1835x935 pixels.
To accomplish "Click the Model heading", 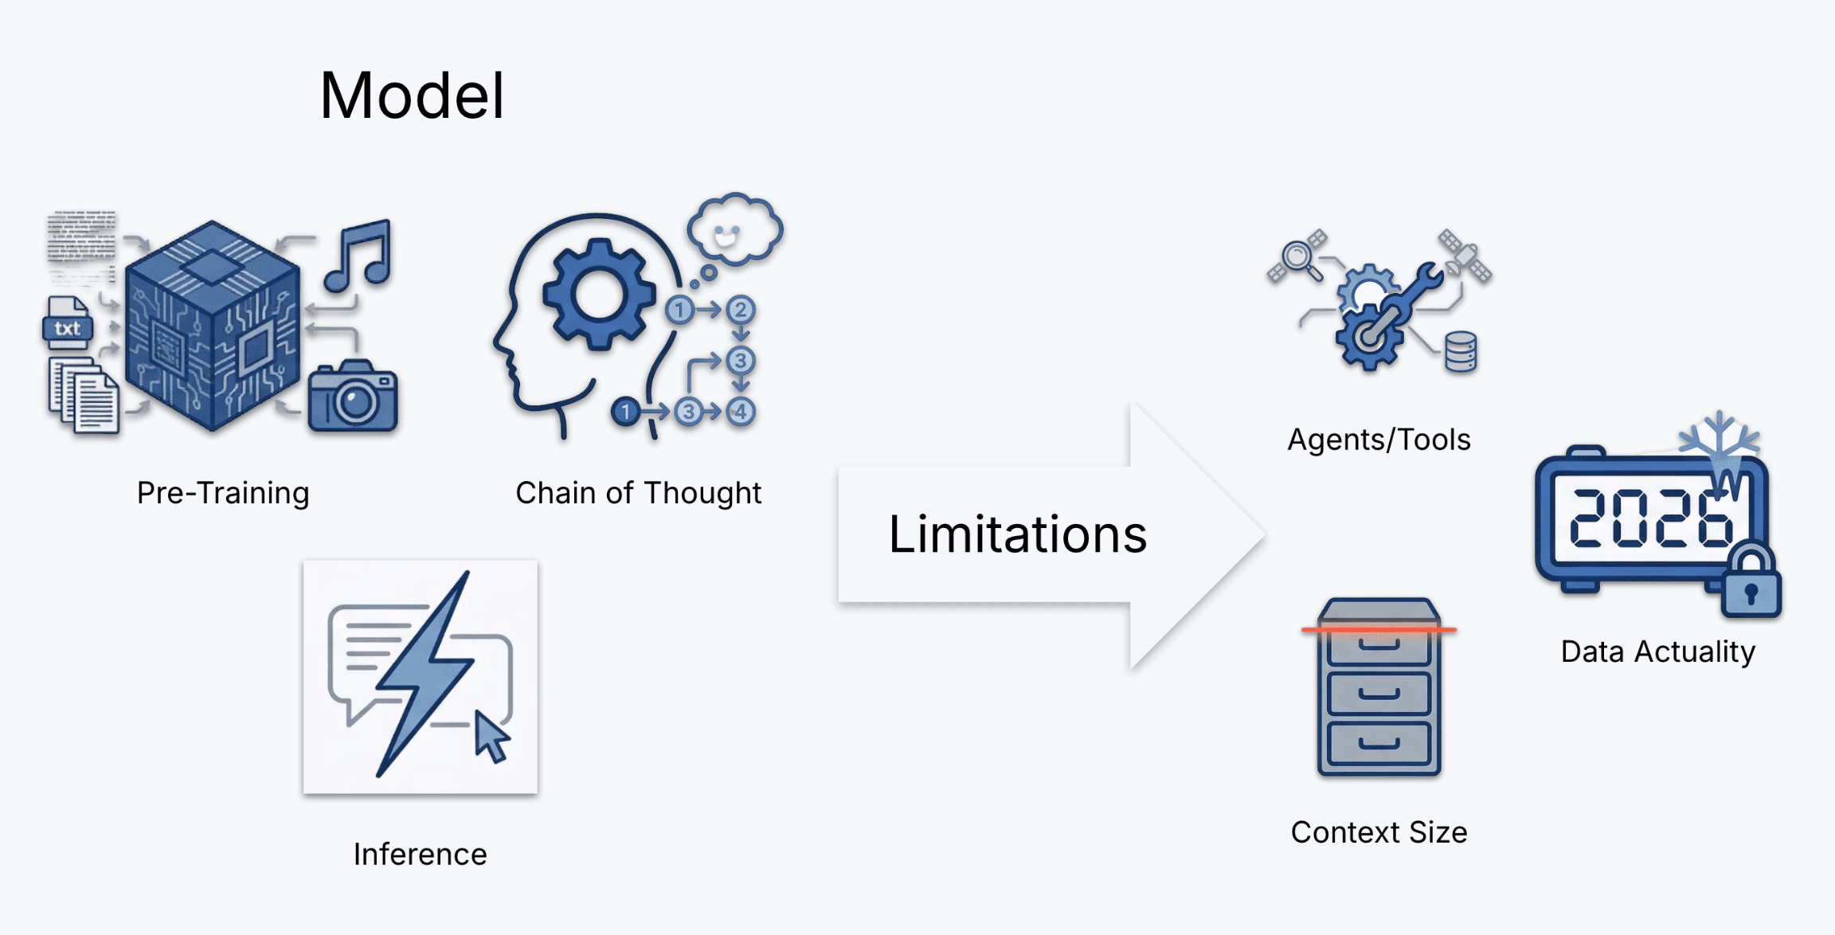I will [x=412, y=96].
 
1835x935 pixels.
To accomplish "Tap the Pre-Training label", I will [x=223, y=493].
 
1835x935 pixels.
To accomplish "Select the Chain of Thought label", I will [x=638, y=493].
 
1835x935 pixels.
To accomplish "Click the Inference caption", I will [x=420, y=854].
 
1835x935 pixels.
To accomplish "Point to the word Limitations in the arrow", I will [x=1017, y=534].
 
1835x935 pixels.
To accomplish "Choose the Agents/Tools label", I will [x=1379, y=440].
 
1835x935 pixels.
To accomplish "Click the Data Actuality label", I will [x=1657, y=651].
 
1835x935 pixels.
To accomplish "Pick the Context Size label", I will [x=1379, y=832].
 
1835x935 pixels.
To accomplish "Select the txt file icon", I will [x=68, y=324].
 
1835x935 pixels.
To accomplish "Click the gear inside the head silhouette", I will [x=598, y=295].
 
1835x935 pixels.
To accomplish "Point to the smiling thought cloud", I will [x=734, y=230].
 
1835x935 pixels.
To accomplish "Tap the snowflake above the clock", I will [x=1719, y=436].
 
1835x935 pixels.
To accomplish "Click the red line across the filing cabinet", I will [x=1379, y=630].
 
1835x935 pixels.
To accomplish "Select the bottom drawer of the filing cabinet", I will [x=1379, y=744].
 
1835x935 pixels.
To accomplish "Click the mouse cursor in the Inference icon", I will [x=491, y=737].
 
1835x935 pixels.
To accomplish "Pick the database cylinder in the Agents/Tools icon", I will [x=1461, y=352].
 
